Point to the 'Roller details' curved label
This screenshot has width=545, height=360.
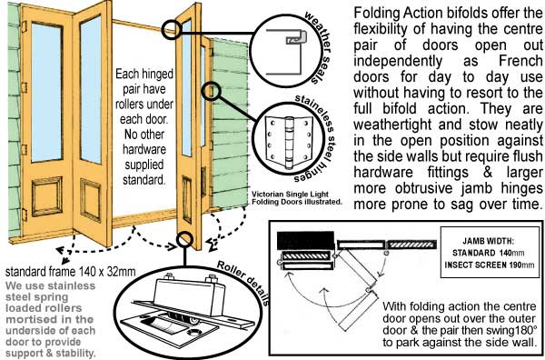[243, 283]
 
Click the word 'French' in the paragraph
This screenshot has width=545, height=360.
[520, 61]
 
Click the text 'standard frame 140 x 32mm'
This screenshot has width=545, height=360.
[71, 271]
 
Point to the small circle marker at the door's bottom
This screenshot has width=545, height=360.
[184, 239]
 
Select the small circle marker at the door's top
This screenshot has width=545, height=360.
[172, 29]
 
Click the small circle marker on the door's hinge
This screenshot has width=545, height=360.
[211, 92]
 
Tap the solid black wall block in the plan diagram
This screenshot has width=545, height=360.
[305, 240]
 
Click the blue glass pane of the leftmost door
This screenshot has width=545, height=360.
[47, 92]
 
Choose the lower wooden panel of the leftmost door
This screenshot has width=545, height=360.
[47, 195]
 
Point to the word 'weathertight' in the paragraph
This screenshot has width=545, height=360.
[392, 125]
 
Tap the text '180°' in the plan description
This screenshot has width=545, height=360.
[526, 330]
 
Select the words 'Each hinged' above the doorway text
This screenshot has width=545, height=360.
[144, 74]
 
